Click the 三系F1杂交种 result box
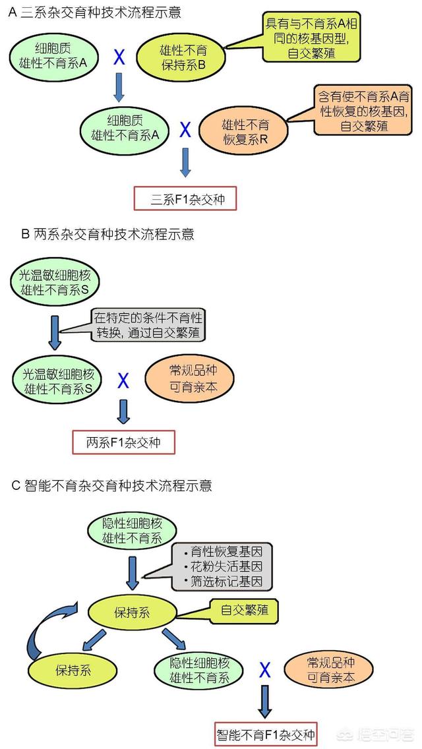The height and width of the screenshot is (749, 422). [x=185, y=198]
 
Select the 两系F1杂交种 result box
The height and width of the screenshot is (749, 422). [x=123, y=441]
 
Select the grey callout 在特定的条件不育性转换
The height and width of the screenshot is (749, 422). [x=148, y=325]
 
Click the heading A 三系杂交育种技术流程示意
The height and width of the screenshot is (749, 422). [x=96, y=13]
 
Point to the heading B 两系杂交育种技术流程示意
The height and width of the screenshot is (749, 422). [x=103, y=234]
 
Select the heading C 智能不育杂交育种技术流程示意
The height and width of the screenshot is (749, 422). [x=112, y=486]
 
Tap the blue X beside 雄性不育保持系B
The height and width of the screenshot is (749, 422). [x=119, y=58]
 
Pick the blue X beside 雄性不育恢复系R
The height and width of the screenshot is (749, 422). [x=185, y=129]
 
